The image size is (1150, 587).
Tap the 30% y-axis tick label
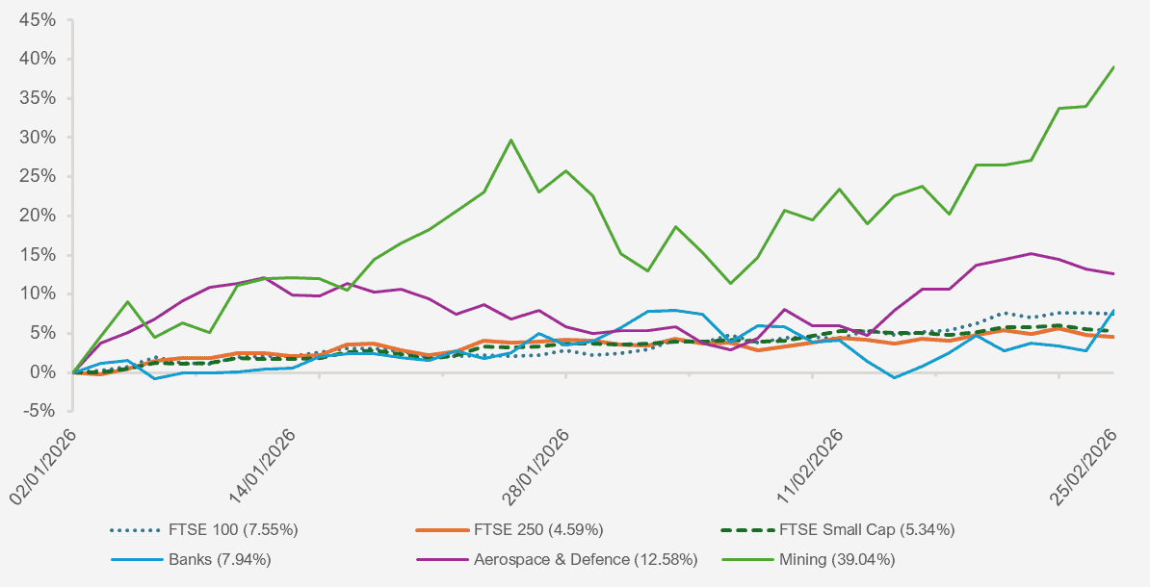click(39, 138)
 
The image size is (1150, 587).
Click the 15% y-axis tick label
click(39, 255)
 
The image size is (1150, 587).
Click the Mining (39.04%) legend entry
click(837, 559)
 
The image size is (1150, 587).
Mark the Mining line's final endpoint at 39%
click(1114, 66)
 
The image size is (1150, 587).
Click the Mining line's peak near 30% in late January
click(510, 140)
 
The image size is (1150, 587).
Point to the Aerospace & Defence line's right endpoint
click(1114, 273)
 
